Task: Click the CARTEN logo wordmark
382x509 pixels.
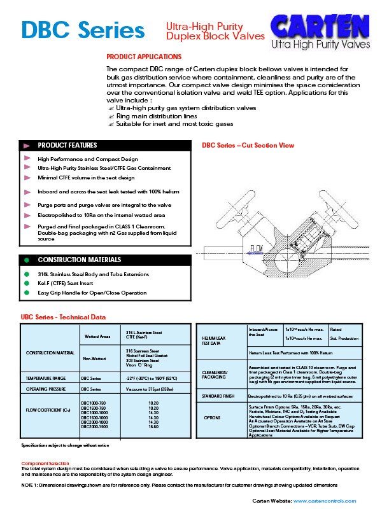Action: pyautogui.click(x=320, y=27)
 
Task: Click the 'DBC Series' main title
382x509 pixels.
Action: pyautogui.click(x=83, y=29)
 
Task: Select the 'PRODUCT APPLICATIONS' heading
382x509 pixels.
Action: pyautogui.click(x=144, y=57)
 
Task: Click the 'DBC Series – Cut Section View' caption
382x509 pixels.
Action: pyautogui.click(x=248, y=146)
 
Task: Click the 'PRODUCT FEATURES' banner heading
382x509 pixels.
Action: pyautogui.click(x=67, y=145)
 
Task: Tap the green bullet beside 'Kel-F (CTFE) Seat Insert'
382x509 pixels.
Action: pyautogui.click(x=27, y=283)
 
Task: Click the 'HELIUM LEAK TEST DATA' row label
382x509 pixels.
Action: pyautogui.click(x=214, y=340)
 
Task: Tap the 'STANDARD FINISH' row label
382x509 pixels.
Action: pyautogui.click(x=220, y=396)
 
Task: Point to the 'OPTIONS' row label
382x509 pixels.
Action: pyautogui.click(x=212, y=418)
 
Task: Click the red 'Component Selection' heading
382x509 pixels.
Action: pyautogui.click(x=45, y=463)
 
